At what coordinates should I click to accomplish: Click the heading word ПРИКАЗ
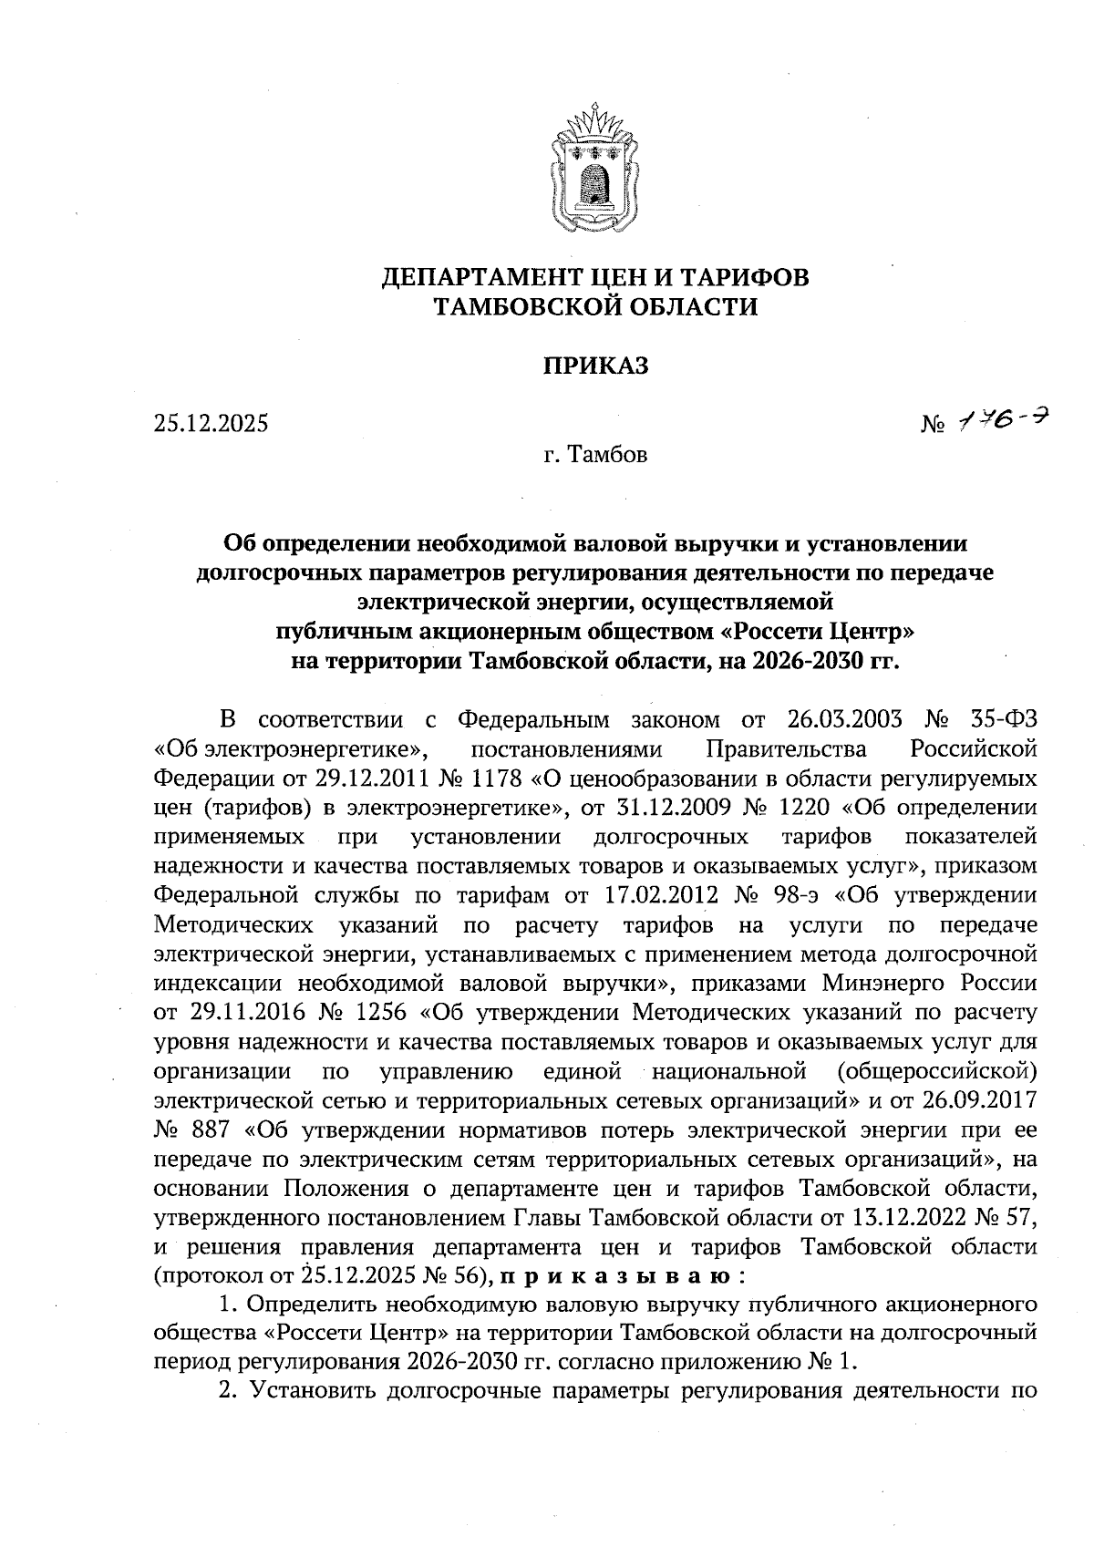[595, 366]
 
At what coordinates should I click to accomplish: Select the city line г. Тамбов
[595, 454]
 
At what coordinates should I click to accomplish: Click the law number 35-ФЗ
[1001, 720]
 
